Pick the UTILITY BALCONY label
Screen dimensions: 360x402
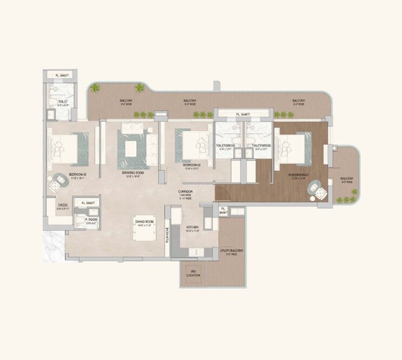[232, 251]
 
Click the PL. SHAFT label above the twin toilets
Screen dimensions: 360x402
[243, 115]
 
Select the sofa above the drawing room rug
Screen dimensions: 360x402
[132, 128]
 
